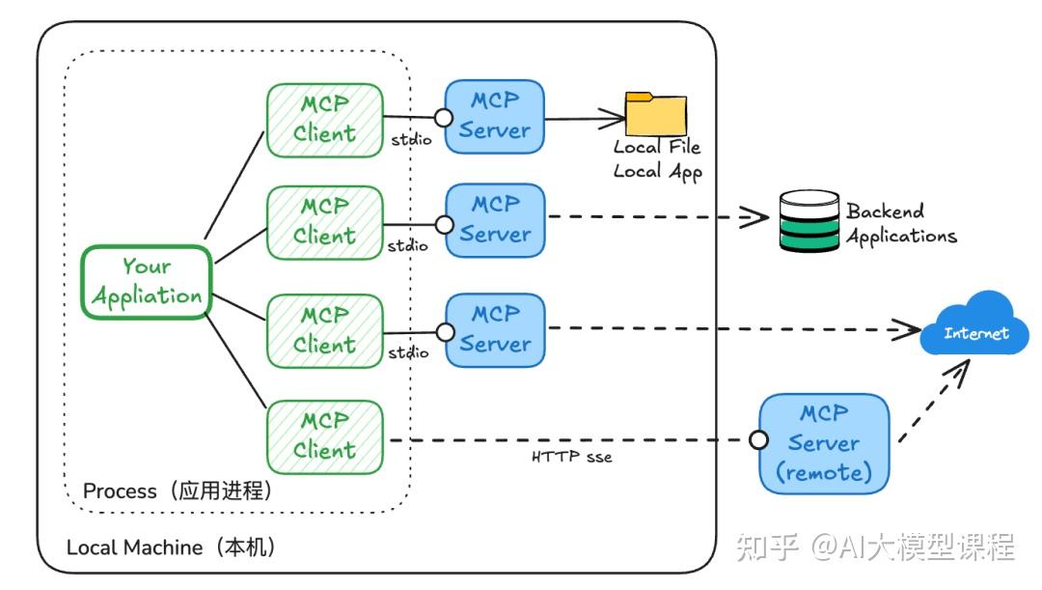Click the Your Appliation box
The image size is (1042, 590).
coord(146,281)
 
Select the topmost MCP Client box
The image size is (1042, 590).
coord(324,120)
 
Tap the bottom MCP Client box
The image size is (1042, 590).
coord(324,436)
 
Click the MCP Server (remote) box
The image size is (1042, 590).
coord(824,443)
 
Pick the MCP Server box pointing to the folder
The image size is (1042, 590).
coord(495,116)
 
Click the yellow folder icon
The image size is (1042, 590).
coord(655,114)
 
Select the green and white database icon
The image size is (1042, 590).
coord(809,222)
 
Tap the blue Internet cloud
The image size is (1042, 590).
coord(974,324)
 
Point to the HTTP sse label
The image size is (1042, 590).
coord(571,456)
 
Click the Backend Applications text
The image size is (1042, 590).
coord(900,223)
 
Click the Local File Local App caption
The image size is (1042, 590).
coord(657,159)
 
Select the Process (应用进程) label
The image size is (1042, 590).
coord(178,491)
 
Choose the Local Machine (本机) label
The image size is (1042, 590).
coord(172,548)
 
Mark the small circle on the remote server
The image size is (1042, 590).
coord(759,440)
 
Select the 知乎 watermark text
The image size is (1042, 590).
coord(768,547)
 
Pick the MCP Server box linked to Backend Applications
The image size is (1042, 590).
coord(495,220)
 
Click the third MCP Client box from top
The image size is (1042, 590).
coord(324,329)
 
